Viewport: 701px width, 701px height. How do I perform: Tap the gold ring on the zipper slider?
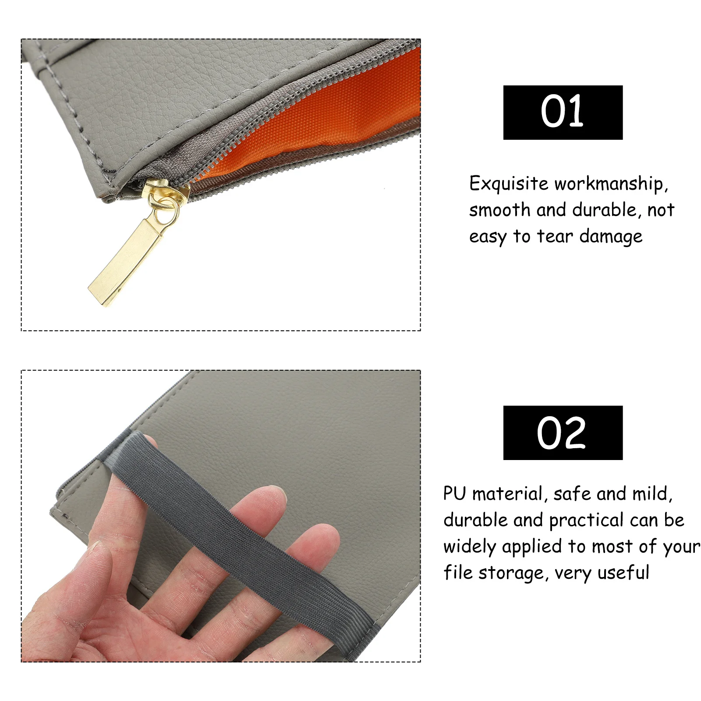pyautogui.click(x=166, y=210)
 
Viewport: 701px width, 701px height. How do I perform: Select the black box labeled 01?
pyautogui.click(x=563, y=113)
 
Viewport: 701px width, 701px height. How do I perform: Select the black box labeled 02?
pyautogui.click(x=563, y=433)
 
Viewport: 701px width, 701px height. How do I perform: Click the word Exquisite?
pyautogui.click(x=508, y=184)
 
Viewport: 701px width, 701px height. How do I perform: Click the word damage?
pyautogui.click(x=611, y=237)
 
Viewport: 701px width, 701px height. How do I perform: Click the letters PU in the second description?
pyautogui.click(x=454, y=494)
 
